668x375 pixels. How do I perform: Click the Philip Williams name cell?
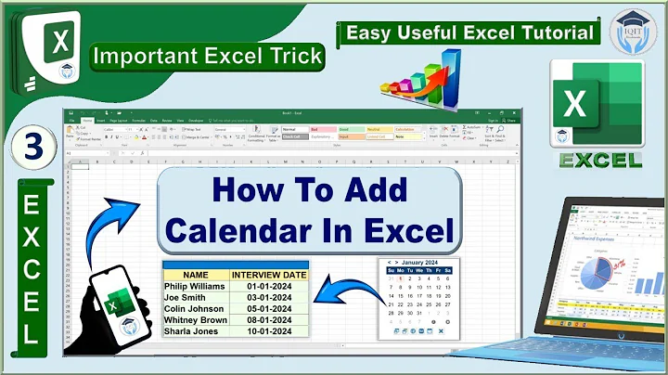[x=196, y=286]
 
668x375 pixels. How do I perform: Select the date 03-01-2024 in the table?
[x=269, y=297]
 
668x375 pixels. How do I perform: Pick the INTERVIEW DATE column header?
[x=269, y=275]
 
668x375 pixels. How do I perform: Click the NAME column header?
[x=196, y=275]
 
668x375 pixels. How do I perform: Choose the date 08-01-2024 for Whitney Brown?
[x=269, y=319]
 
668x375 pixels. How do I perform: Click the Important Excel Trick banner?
[x=208, y=56]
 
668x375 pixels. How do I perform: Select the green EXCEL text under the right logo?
[x=600, y=159]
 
